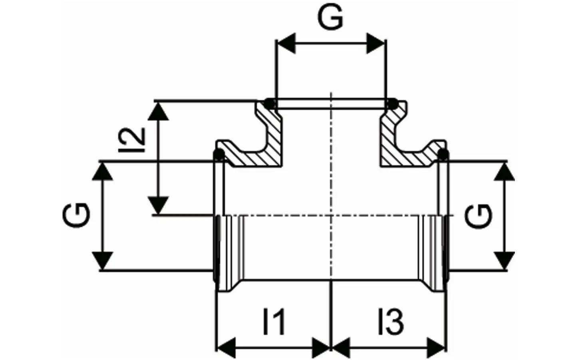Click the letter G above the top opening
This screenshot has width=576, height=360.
(x=330, y=17)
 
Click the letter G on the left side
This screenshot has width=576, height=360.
(x=76, y=215)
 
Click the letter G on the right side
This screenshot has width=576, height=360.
(x=479, y=216)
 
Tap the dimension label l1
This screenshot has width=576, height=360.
(x=274, y=322)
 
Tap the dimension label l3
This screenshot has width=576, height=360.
(x=391, y=322)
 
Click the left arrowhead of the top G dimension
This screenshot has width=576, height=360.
(x=287, y=44)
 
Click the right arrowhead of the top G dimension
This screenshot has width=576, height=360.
(x=375, y=44)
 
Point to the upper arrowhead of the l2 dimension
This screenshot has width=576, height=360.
(x=158, y=111)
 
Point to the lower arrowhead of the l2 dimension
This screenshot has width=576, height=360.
(x=158, y=205)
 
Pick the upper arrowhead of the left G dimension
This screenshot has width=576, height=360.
(x=102, y=171)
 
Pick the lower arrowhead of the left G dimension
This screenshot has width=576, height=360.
(x=102, y=261)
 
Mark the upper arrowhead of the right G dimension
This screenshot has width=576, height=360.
(x=504, y=171)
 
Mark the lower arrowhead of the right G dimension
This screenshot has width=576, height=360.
(x=504, y=261)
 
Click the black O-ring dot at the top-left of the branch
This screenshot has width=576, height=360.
(x=270, y=104)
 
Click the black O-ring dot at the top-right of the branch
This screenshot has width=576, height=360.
(x=392, y=104)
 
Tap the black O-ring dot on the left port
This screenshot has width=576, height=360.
(x=219, y=155)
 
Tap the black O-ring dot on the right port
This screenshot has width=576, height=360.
(x=443, y=155)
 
